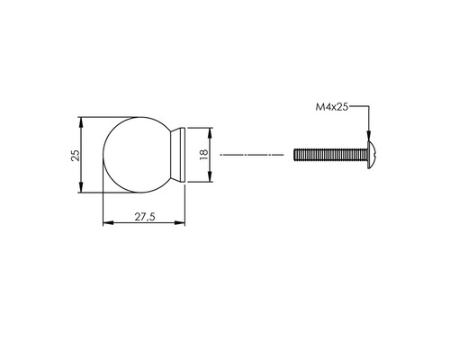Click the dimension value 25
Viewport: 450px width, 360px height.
76,155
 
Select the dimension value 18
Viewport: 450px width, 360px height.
204,154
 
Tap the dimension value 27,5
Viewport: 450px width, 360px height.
145,217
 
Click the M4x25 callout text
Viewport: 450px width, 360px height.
332,107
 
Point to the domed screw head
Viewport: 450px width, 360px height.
372,155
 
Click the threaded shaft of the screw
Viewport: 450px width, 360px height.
330,155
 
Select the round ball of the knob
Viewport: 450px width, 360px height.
138,155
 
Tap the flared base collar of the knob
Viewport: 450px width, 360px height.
178,155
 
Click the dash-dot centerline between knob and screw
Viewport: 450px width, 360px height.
252,155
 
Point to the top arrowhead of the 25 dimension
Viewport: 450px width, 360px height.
80,122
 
